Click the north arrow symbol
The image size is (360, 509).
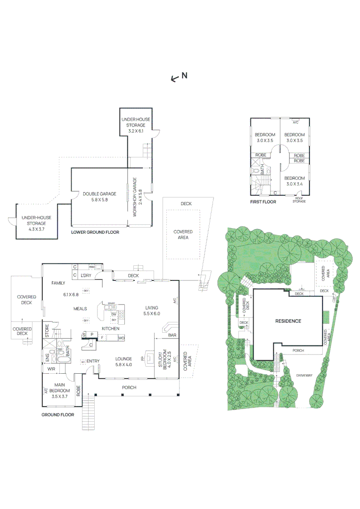point(174,78)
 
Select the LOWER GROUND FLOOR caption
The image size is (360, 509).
point(95,232)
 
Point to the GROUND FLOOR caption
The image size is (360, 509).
point(57,415)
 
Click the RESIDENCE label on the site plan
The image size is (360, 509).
point(288,321)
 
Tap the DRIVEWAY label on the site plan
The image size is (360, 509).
point(304,375)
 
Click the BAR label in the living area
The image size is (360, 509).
point(172,336)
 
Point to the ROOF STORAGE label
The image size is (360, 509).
point(299,200)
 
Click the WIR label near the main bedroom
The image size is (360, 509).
point(51,369)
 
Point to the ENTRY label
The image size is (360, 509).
point(92,361)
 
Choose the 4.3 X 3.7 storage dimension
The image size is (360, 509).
point(36,229)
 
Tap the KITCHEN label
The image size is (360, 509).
point(110,328)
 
